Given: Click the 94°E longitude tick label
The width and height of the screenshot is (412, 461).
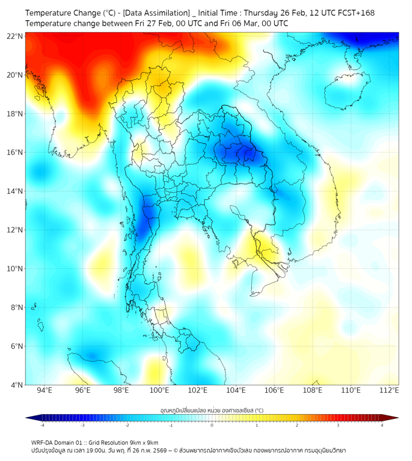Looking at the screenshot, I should click(x=44, y=391).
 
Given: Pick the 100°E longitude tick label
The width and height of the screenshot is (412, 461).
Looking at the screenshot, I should click(x=160, y=391).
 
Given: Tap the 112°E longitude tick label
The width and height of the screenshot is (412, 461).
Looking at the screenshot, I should click(x=389, y=391).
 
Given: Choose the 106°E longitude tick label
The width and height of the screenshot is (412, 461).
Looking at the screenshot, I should click(x=274, y=391).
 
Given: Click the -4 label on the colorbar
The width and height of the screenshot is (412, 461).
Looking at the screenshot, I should click(x=41, y=426).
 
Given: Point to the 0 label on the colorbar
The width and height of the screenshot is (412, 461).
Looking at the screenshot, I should click(x=212, y=426).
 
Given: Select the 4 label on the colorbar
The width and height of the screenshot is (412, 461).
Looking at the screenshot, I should click(x=382, y=426).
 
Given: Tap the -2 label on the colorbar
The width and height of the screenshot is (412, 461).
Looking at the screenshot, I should click(x=126, y=426).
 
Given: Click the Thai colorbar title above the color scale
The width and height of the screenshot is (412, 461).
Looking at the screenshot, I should click(x=212, y=410).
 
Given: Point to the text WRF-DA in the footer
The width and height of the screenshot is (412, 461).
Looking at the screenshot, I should click(x=42, y=442).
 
